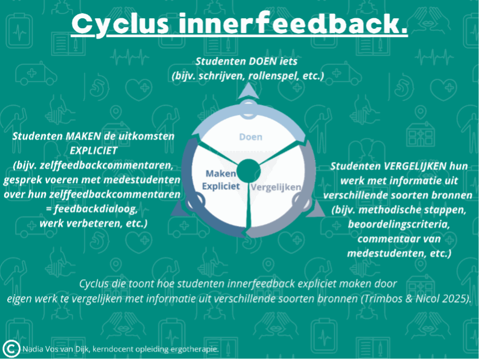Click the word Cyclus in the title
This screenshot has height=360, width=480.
(x=120, y=25)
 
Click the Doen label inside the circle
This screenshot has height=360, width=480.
(x=250, y=137)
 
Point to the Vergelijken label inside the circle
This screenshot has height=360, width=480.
(x=276, y=188)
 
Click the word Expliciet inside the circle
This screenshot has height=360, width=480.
(x=221, y=186)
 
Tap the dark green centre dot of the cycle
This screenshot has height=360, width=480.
(x=248, y=171)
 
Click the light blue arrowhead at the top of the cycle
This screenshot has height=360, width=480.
(x=248, y=92)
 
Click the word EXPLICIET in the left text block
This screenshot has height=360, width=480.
(x=94, y=150)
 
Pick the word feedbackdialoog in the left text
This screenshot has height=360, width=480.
(x=96, y=209)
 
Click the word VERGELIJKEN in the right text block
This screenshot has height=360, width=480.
(x=415, y=166)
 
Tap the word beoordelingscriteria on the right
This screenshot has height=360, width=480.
(x=399, y=224)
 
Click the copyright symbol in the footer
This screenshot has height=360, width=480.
(x=11, y=348)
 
